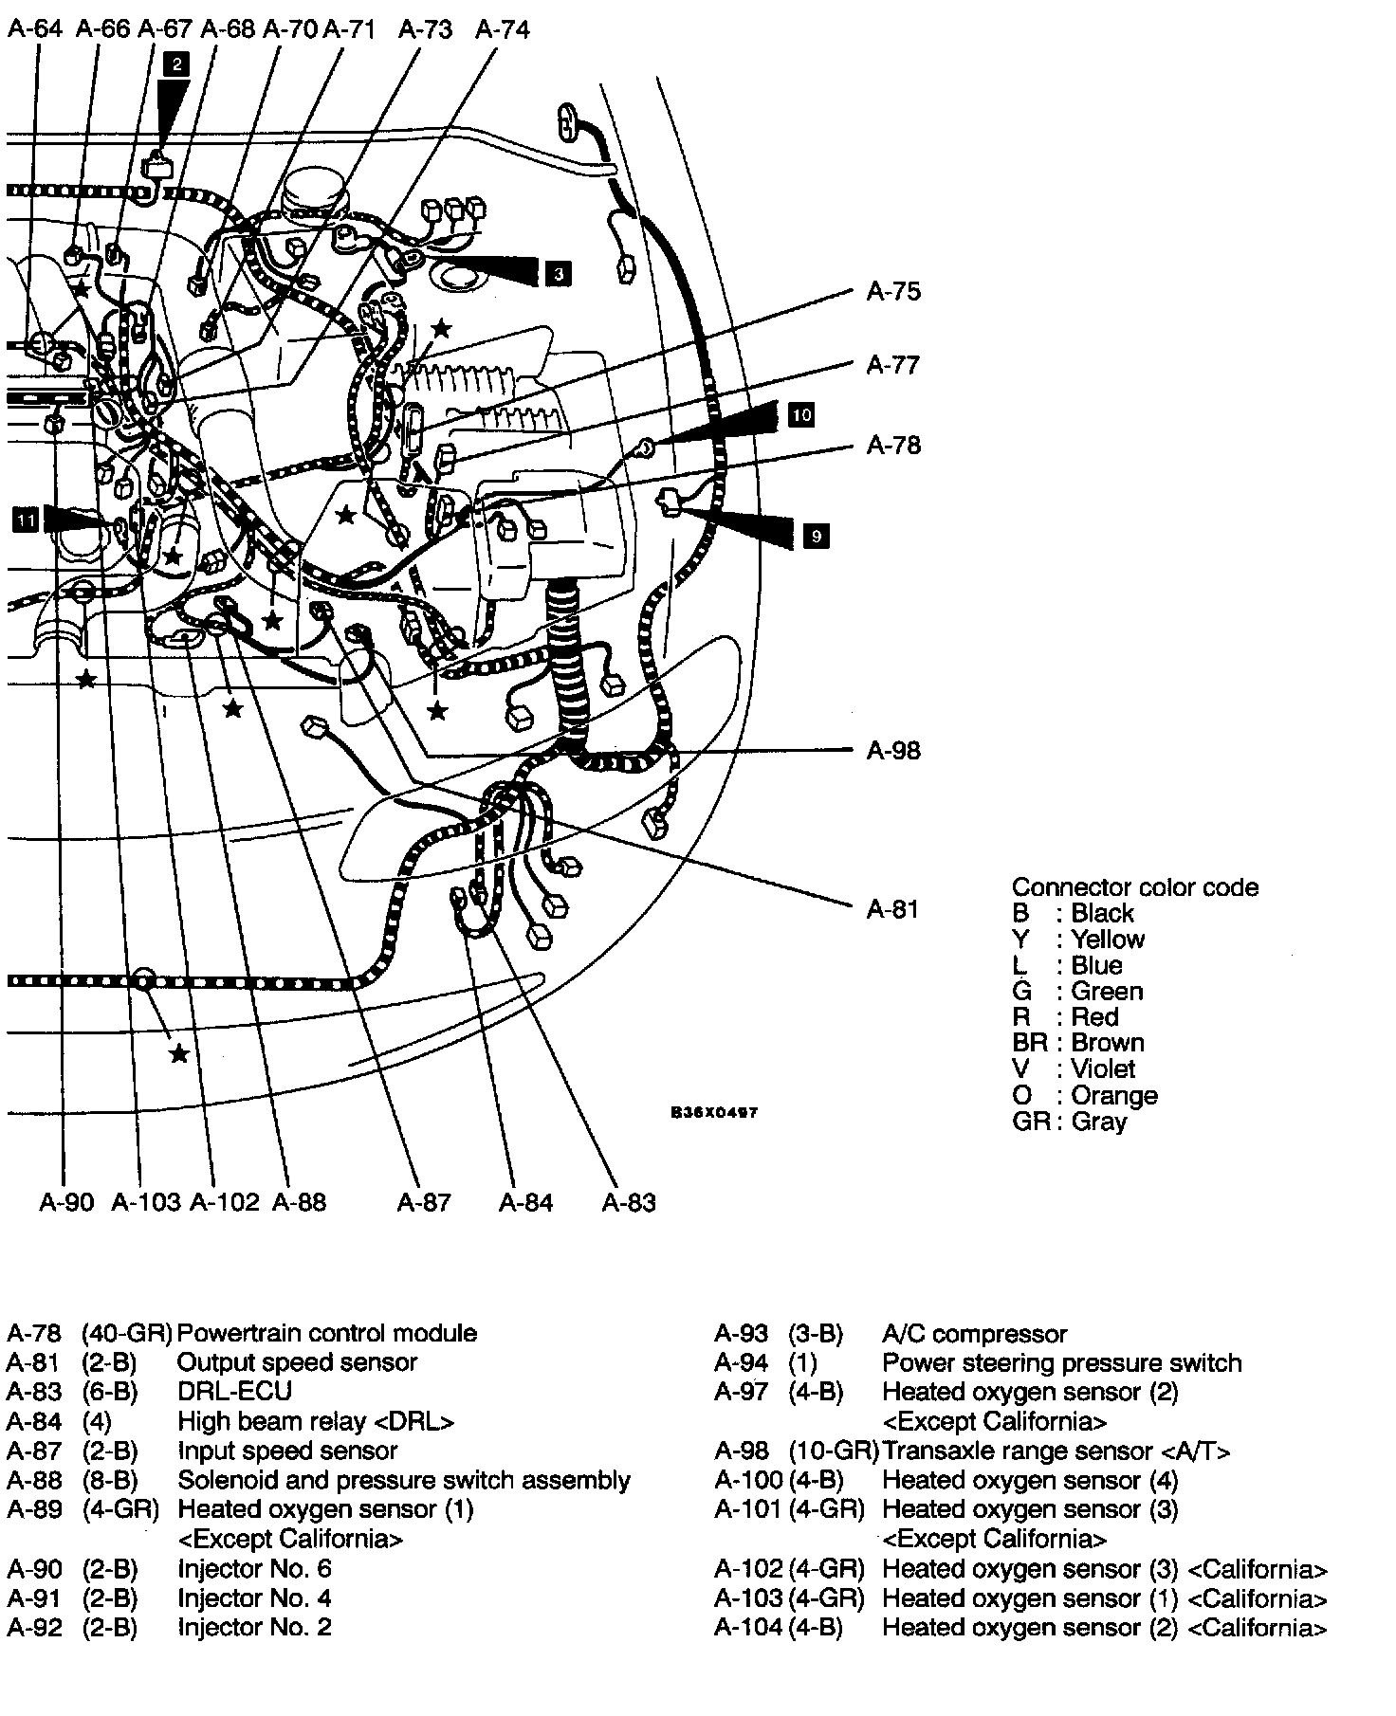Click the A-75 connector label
point(893,291)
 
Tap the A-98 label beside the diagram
point(893,751)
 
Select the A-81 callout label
point(893,910)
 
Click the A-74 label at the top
point(502,29)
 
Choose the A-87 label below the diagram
point(424,1202)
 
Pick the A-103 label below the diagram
point(146,1202)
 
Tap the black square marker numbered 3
point(559,274)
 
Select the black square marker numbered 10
point(801,414)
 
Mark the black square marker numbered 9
point(816,537)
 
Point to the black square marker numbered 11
point(26,520)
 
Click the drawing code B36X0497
point(714,1113)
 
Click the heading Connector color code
point(1134,887)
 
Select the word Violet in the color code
point(1103,1069)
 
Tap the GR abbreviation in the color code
point(1031,1122)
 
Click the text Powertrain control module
point(327,1333)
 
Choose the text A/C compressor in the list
point(975,1334)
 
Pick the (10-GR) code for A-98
point(833,1451)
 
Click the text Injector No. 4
point(254,1598)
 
